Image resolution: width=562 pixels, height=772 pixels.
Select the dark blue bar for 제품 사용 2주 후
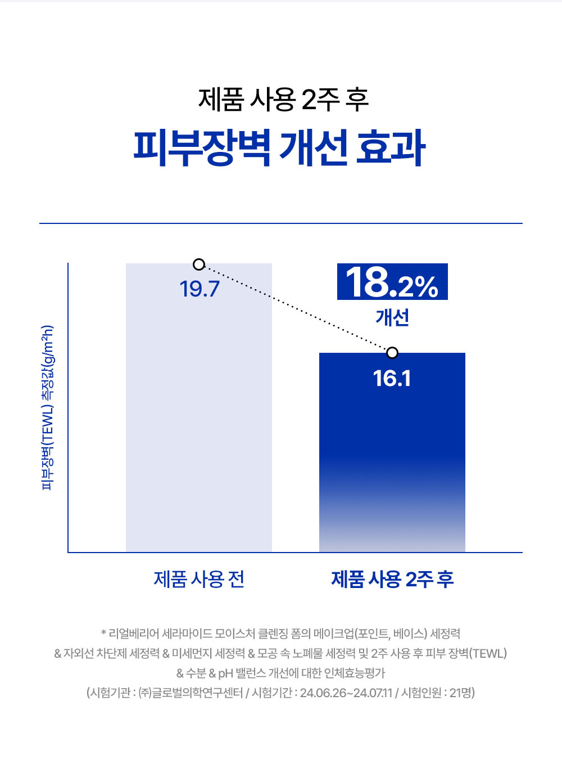(x=392, y=461)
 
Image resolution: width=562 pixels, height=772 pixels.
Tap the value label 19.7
(x=200, y=289)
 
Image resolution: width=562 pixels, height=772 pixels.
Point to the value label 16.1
(x=392, y=379)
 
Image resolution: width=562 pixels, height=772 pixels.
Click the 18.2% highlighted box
(x=392, y=282)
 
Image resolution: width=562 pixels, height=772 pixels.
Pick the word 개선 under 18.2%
(x=392, y=318)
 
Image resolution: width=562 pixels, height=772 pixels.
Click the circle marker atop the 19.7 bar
(x=199, y=264)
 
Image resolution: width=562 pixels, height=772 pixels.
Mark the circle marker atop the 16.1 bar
(x=392, y=353)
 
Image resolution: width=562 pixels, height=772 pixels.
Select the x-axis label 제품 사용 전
(x=199, y=579)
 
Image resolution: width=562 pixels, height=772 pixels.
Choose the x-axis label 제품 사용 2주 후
(x=392, y=579)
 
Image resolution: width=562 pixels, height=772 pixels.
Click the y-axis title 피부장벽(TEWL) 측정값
(x=48, y=407)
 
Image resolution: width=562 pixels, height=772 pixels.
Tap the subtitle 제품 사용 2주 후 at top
(x=283, y=100)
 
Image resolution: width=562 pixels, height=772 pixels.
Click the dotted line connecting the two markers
(x=296, y=309)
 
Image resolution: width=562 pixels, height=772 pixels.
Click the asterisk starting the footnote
(x=103, y=634)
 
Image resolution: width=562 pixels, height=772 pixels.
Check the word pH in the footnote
(x=225, y=674)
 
